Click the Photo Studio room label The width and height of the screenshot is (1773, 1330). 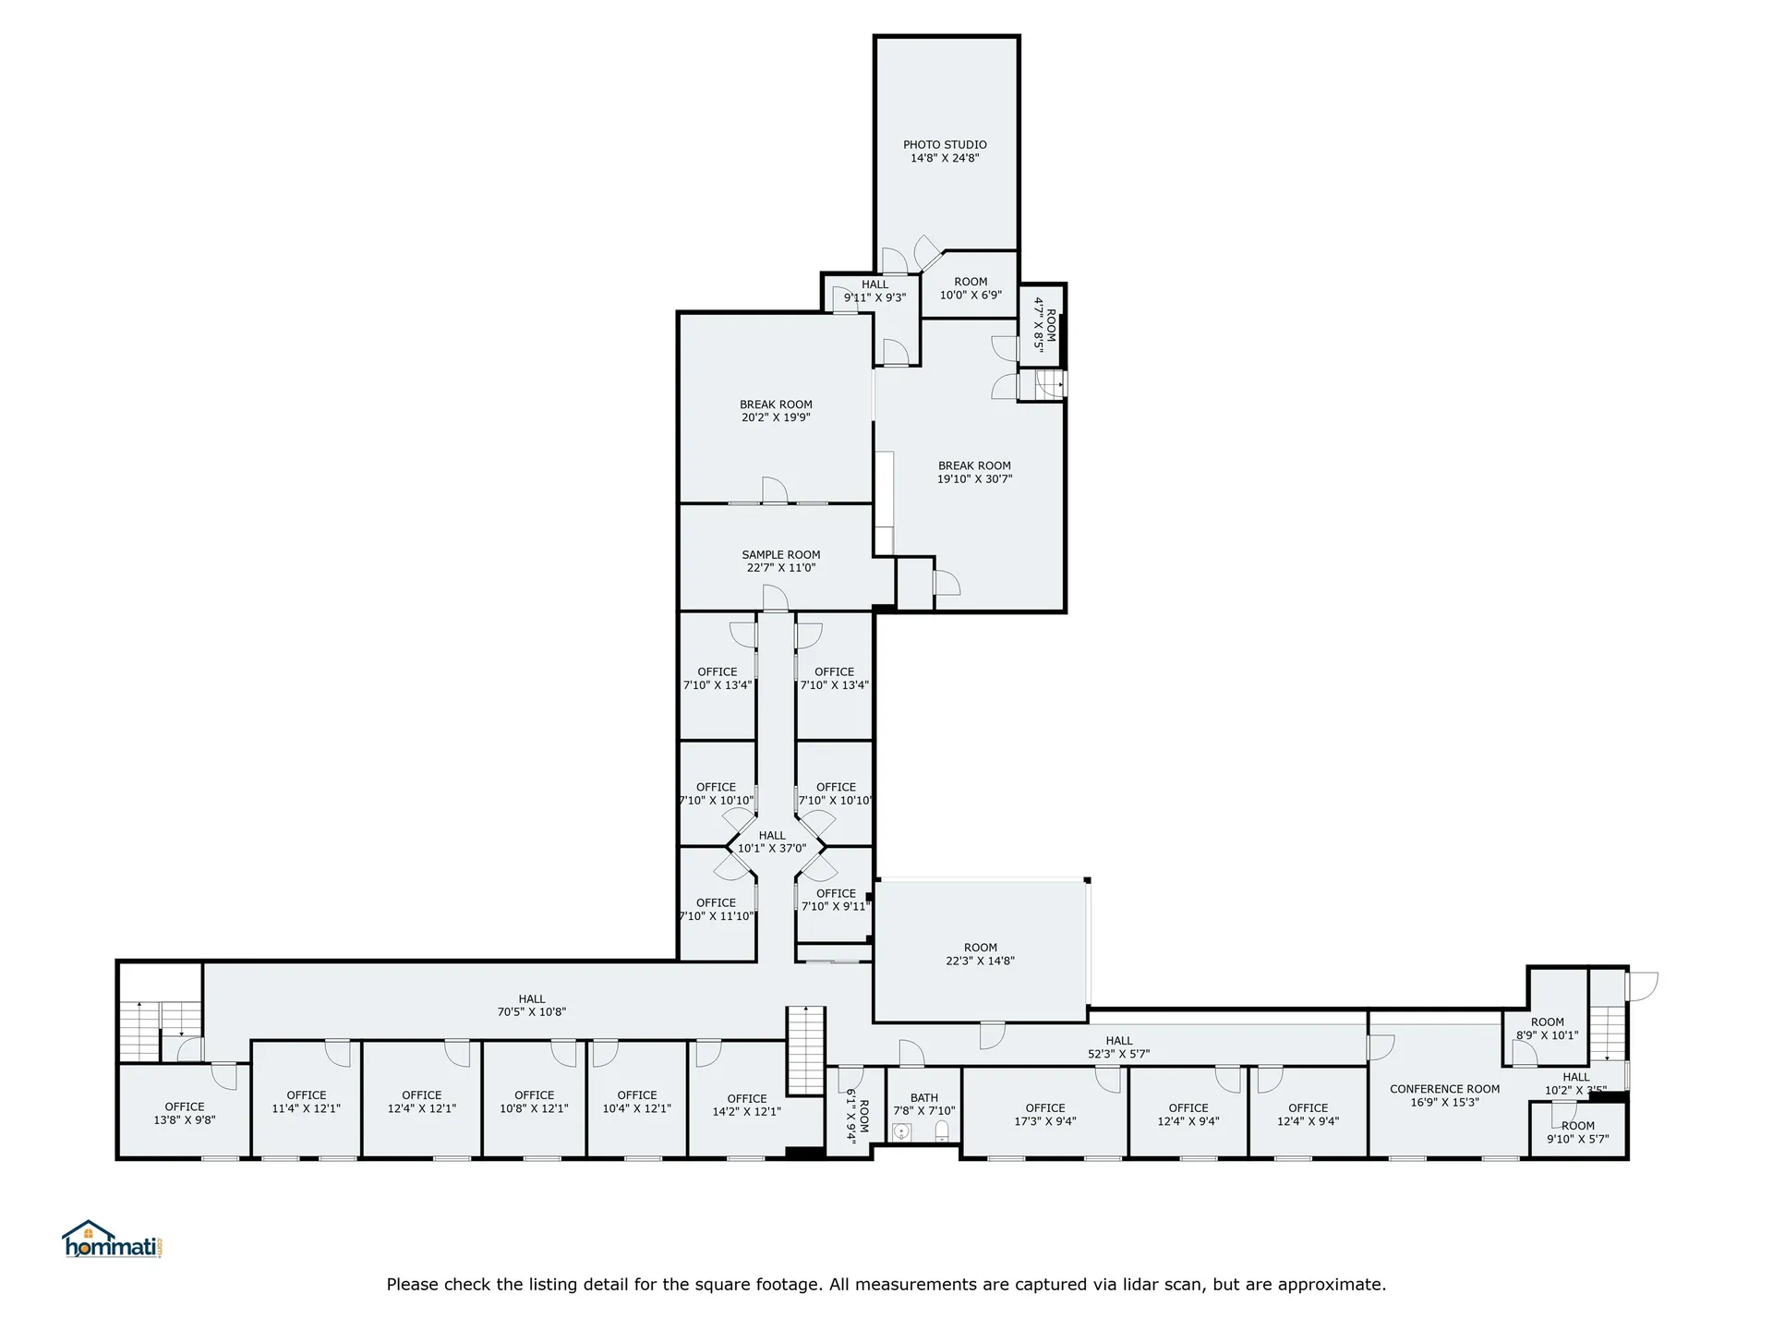(945, 151)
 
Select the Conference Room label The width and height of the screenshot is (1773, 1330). (1444, 1095)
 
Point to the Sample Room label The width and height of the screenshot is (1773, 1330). (781, 562)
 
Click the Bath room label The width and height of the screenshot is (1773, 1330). (924, 1105)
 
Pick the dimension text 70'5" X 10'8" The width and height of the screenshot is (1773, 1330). (532, 1011)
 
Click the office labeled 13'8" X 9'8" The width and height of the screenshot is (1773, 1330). (185, 1113)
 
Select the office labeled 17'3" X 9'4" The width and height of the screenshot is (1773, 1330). (1045, 1115)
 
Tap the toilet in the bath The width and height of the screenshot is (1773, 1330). (942, 1131)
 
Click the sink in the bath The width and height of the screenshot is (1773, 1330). (902, 1131)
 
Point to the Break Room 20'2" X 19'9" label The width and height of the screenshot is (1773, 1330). (776, 411)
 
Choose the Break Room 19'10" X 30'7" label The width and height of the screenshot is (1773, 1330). (975, 472)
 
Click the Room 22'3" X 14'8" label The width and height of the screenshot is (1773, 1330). (981, 954)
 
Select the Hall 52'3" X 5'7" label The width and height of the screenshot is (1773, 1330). (1119, 1047)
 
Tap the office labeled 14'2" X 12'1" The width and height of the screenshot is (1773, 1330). (747, 1106)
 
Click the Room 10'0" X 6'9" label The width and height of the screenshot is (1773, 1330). (971, 288)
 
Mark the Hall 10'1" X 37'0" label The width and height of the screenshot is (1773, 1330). (772, 841)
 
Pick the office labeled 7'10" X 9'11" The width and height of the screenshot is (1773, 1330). (836, 900)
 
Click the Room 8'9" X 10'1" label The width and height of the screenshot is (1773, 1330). (1548, 1029)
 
